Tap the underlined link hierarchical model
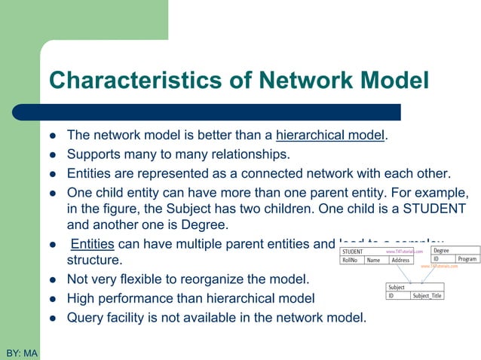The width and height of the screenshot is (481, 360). tap(331, 136)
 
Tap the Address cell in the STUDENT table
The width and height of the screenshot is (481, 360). tap(401, 261)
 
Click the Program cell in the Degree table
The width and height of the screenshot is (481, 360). tap(467, 259)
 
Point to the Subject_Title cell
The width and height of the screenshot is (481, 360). tap(427, 296)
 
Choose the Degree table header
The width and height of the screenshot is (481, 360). tap(442, 250)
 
